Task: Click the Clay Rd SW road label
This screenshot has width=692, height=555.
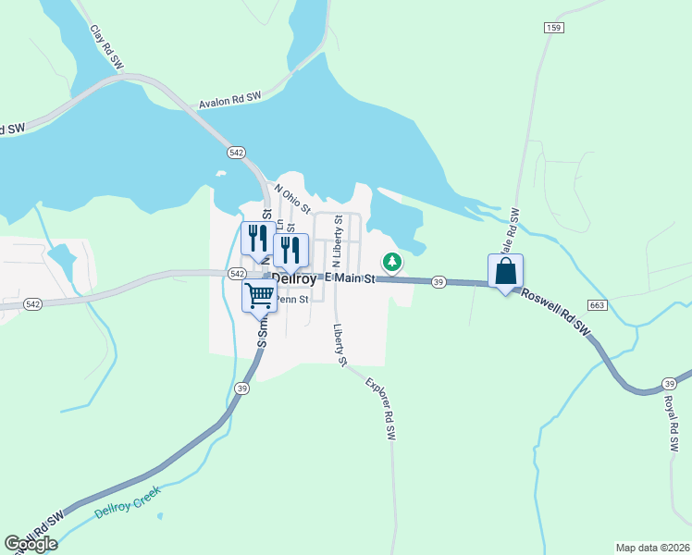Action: click(107, 47)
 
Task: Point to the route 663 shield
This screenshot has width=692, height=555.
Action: click(596, 305)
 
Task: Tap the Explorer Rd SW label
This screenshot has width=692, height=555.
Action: click(380, 407)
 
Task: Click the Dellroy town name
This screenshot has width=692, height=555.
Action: click(295, 277)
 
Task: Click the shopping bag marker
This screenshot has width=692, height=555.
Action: click(506, 271)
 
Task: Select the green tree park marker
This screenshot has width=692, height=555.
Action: click(392, 263)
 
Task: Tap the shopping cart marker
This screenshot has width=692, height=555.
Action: click(260, 296)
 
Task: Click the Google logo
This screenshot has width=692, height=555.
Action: click(31, 544)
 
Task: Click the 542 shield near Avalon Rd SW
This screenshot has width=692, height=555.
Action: click(236, 152)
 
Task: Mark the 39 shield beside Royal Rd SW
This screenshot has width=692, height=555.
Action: click(669, 383)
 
